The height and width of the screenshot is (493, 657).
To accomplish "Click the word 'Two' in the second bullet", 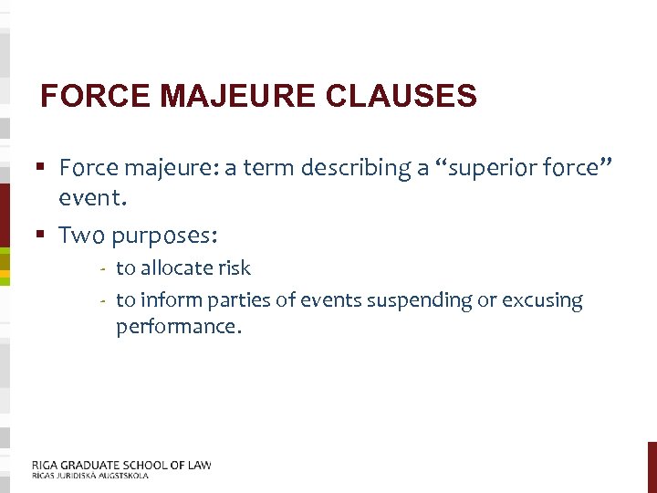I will pos(81,236).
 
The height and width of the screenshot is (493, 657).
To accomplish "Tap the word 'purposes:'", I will pos(165,236).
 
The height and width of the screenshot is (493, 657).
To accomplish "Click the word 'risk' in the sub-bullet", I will pos(233,268).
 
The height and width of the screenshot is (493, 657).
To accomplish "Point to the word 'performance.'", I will pos(179,327).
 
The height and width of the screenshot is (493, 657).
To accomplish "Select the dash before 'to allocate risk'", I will pos(105,269).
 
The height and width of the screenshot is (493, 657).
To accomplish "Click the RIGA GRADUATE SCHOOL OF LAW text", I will pos(121,465).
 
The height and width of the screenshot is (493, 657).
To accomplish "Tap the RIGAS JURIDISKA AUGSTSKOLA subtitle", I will pos(89,476).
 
